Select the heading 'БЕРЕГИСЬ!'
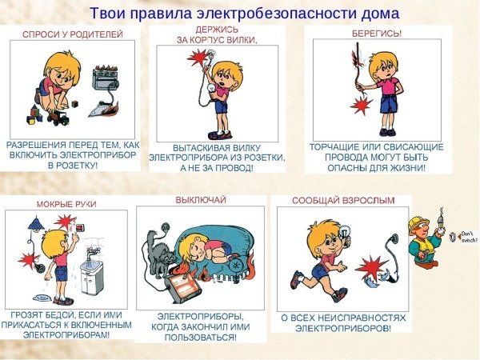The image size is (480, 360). click(x=377, y=34)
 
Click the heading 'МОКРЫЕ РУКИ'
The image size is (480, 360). click(x=66, y=205)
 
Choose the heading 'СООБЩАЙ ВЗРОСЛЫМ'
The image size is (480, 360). click(x=342, y=201)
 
